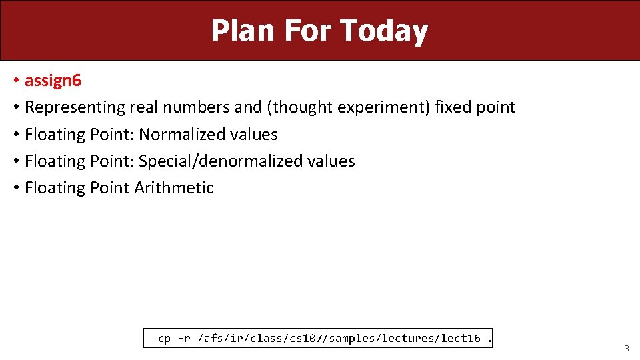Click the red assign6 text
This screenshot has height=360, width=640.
(x=53, y=81)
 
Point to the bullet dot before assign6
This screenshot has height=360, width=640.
(x=15, y=81)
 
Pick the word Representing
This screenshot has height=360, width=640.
(x=75, y=107)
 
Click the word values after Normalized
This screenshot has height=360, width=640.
(x=253, y=134)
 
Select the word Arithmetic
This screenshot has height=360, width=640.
(x=174, y=187)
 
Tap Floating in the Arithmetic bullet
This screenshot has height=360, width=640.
(x=53, y=187)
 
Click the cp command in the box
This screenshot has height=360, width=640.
(x=164, y=339)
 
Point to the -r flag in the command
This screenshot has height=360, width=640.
(x=183, y=339)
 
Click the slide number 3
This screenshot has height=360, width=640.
(x=626, y=349)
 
